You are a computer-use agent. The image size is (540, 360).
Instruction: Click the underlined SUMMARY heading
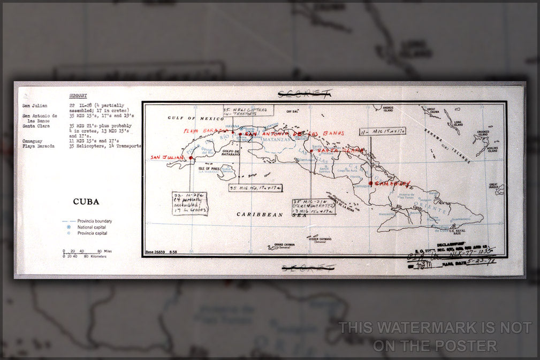(78, 96)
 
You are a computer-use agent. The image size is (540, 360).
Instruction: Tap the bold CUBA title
(86, 202)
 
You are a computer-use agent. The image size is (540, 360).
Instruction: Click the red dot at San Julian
(191, 158)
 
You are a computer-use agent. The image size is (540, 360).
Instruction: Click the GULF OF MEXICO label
(186, 118)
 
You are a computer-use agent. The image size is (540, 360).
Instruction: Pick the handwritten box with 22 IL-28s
(189, 203)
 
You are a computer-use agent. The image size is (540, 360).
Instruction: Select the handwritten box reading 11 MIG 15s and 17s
(382, 130)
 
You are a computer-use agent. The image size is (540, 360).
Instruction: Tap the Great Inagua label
(493, 186)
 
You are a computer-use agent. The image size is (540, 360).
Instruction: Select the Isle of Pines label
(208, 169)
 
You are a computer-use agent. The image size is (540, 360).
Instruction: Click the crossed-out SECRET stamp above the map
(305, 94)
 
